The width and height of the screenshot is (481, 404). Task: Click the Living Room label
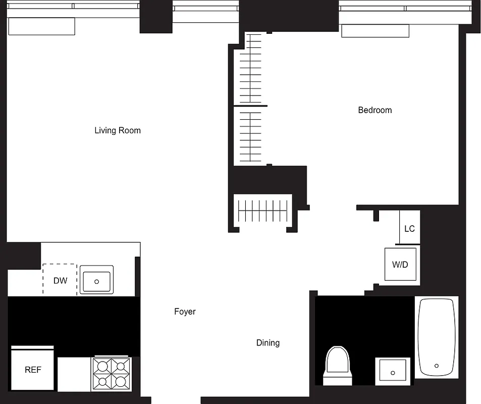tap(118, 130)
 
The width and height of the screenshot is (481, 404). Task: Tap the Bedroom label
tap(375, 110)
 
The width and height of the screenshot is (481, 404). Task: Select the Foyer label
tap(185, 312)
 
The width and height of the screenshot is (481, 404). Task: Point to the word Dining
tap(268, 343)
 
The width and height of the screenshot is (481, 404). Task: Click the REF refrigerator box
tap(33, 369)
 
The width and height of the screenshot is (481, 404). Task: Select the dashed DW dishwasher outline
tap(60, 279)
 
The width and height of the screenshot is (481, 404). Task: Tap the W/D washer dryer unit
tap(400, 264)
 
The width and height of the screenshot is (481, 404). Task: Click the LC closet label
tap(409, 229)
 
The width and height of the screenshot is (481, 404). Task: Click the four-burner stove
tap(111, 374)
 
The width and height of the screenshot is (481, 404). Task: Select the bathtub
tap(437, 337)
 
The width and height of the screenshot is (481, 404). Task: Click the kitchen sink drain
tap(96, 281)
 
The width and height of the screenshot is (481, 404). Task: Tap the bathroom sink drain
tap(393, 373)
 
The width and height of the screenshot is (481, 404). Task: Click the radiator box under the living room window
tap(41, 26)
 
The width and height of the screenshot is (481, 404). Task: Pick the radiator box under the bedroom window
tap(375, 31)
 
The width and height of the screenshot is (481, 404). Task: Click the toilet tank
tap(337, 379)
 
